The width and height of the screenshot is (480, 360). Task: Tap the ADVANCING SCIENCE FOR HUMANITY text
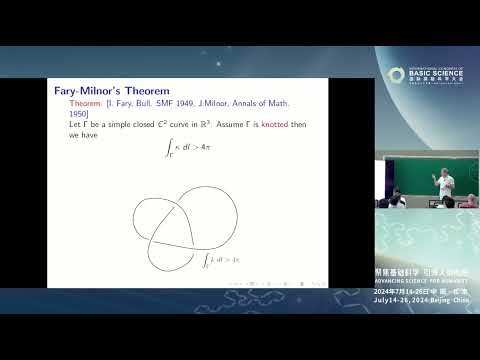coord(427,280)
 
